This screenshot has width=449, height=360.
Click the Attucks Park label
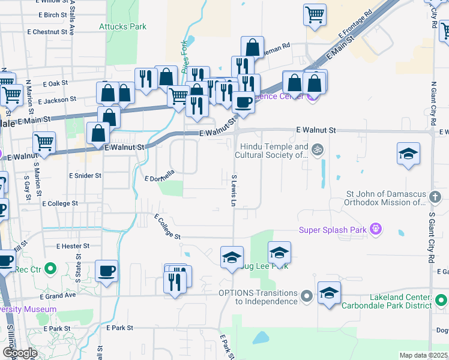point(122,27)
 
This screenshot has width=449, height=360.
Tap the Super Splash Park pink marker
point(376,229)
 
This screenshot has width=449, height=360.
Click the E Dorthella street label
point(160,175)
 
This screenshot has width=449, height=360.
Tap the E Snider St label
point(85,176)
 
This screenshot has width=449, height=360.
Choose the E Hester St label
point(73,246)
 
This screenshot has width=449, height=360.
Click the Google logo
point(20,352)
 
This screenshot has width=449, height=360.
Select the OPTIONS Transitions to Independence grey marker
point(307,296)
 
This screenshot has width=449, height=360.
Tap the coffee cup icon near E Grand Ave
point(106,271)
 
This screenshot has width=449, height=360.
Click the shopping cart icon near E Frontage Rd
point(315,15)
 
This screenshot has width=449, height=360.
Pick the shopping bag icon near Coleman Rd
point(253,47)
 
